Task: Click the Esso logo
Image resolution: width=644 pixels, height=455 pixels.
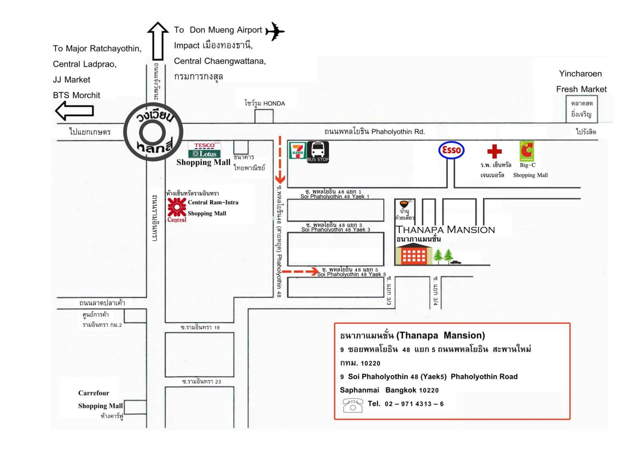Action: click(x=451, y=150)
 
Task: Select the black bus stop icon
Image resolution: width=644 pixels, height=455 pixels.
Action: click(x=317, y=152)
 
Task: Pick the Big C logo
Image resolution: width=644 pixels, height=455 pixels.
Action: click(x=527, y=151)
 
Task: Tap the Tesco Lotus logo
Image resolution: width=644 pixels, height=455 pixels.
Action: click(x=204, y=150)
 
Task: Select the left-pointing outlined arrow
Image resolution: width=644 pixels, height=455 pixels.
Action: click(x=74, y=111)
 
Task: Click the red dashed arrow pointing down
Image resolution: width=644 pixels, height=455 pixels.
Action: click(x=280, y=160)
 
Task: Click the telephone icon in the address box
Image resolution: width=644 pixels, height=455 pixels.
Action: click(x=352, y=405)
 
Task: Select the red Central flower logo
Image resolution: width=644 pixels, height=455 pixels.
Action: click(x=177, y=208)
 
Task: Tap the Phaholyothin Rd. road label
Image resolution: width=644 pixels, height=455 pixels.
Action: click(x=374, y=132)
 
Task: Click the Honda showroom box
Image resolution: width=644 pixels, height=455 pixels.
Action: click(x=264, y=116)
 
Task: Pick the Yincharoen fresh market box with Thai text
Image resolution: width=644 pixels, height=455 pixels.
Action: click(x=582, y=109)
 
